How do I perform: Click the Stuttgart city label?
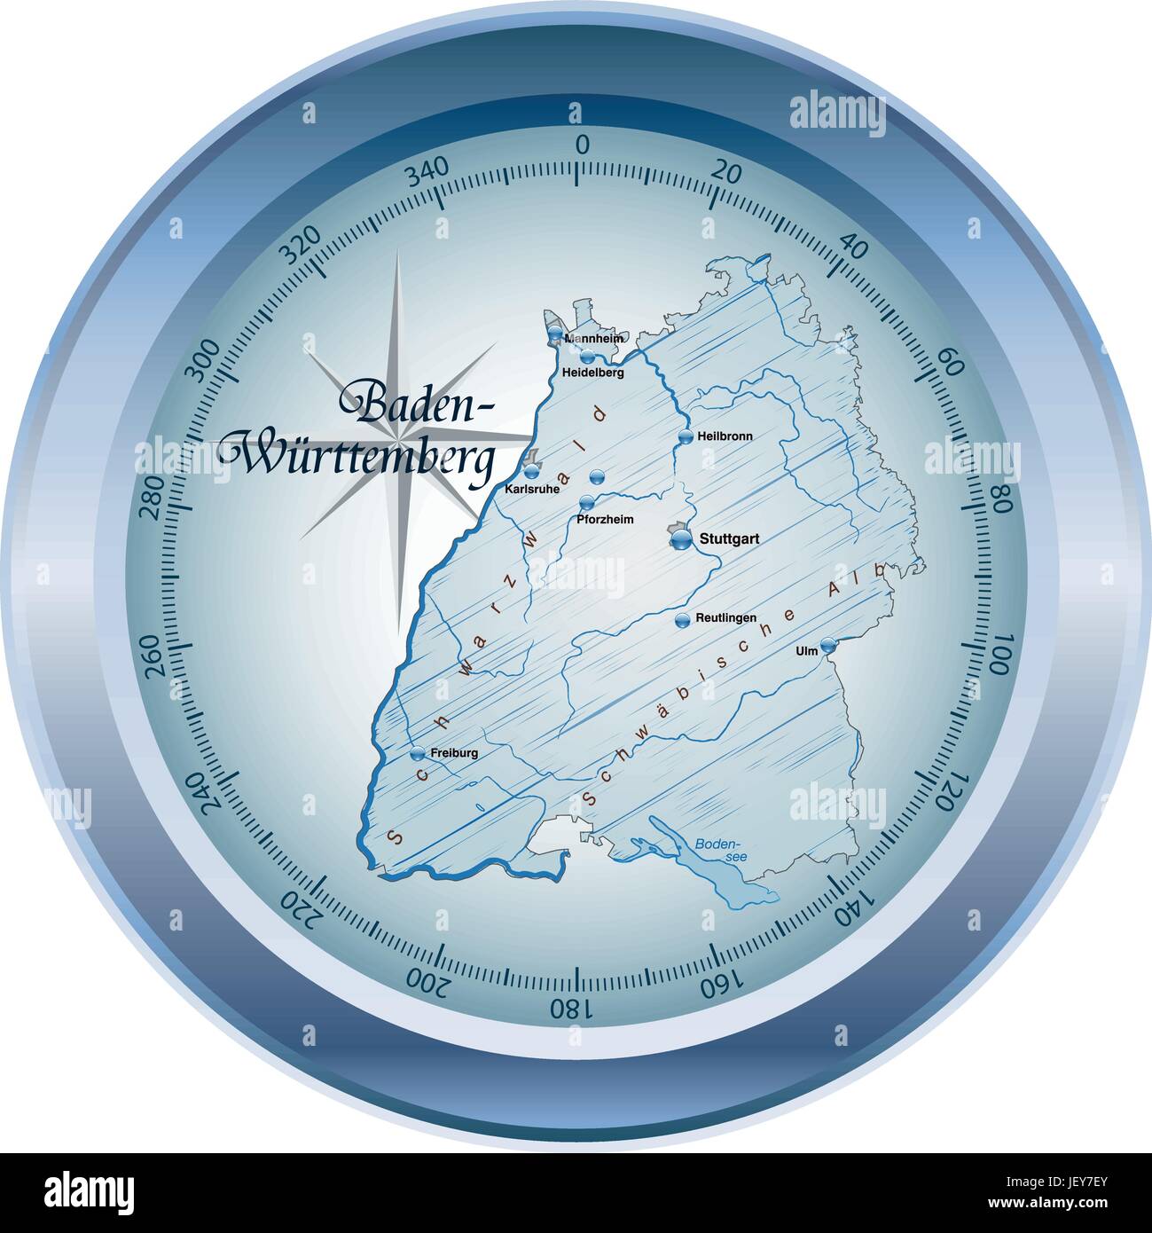[730, 538]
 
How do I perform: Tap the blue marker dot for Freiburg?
[418, 753]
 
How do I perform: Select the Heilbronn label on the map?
[725, 436]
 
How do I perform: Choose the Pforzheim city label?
[605, 519]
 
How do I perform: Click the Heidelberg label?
[593, 373]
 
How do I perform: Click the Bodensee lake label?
[712, 848]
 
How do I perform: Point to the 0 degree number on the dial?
[583, 145]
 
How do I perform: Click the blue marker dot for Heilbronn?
[685, 436]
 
